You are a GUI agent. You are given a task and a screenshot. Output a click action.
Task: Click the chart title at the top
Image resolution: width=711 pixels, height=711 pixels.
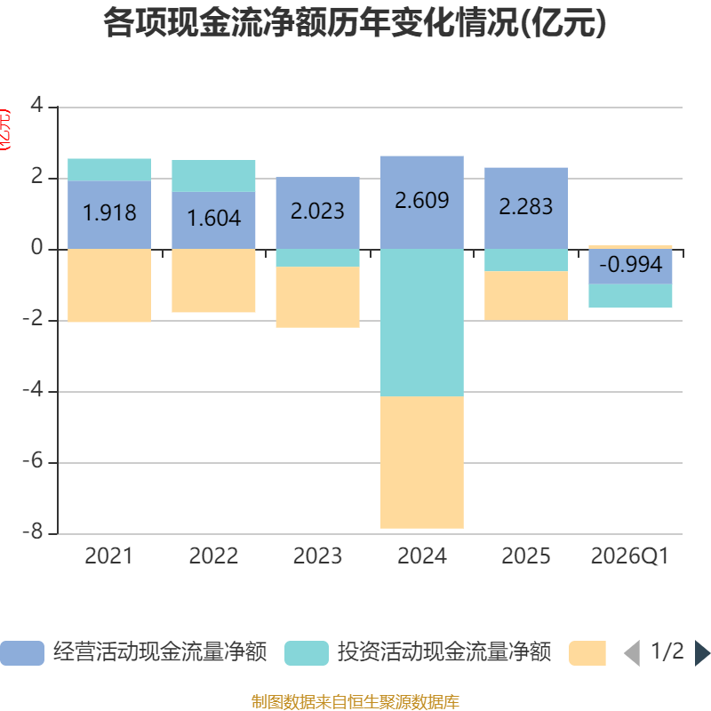[355, 24]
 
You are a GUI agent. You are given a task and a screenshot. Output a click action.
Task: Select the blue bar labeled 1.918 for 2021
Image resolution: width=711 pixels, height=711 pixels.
[109, 214]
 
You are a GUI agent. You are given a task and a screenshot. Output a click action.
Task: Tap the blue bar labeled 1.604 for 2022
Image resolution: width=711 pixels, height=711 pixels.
[213, 220]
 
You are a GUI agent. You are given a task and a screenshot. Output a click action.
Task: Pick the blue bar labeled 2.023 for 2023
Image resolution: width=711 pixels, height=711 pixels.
[317, 213]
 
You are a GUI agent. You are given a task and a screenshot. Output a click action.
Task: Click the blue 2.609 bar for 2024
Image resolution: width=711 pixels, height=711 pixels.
[421, 202]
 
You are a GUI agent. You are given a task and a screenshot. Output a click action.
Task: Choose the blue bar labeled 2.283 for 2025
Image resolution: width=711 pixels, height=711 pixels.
[526, 208]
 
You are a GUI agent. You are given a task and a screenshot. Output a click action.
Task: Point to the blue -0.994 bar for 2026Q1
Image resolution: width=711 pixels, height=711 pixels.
[630, 266]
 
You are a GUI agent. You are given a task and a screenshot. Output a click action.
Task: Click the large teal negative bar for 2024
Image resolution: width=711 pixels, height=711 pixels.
[421, 322]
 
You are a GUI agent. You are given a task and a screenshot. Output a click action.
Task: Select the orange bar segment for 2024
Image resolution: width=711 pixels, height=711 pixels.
[421, 462]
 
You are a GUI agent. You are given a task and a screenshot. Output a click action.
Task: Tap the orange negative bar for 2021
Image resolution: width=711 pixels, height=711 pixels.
[109, 285]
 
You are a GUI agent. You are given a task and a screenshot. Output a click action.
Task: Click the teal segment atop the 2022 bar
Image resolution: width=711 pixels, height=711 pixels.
[213, 176]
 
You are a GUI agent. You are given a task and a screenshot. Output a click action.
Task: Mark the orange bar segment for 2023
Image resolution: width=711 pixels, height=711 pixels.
[317, 297]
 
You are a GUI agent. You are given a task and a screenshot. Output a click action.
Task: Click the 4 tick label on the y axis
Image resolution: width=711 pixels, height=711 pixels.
[36, 107]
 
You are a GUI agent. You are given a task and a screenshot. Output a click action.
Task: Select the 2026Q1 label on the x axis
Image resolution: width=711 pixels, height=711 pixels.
[630, 556]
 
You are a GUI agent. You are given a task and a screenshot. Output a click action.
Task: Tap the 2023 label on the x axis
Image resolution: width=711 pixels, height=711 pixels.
[317, 556]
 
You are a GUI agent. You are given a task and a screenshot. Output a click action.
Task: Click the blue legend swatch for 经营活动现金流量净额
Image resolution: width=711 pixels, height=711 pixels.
[21, 653]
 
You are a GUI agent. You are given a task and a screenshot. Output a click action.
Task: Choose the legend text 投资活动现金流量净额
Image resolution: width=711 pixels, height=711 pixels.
[443, 653]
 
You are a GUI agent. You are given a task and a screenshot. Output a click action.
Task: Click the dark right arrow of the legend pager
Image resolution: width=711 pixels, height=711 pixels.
[701, 653]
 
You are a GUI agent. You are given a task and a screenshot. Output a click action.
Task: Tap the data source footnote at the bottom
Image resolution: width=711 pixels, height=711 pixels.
[355, 702]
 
